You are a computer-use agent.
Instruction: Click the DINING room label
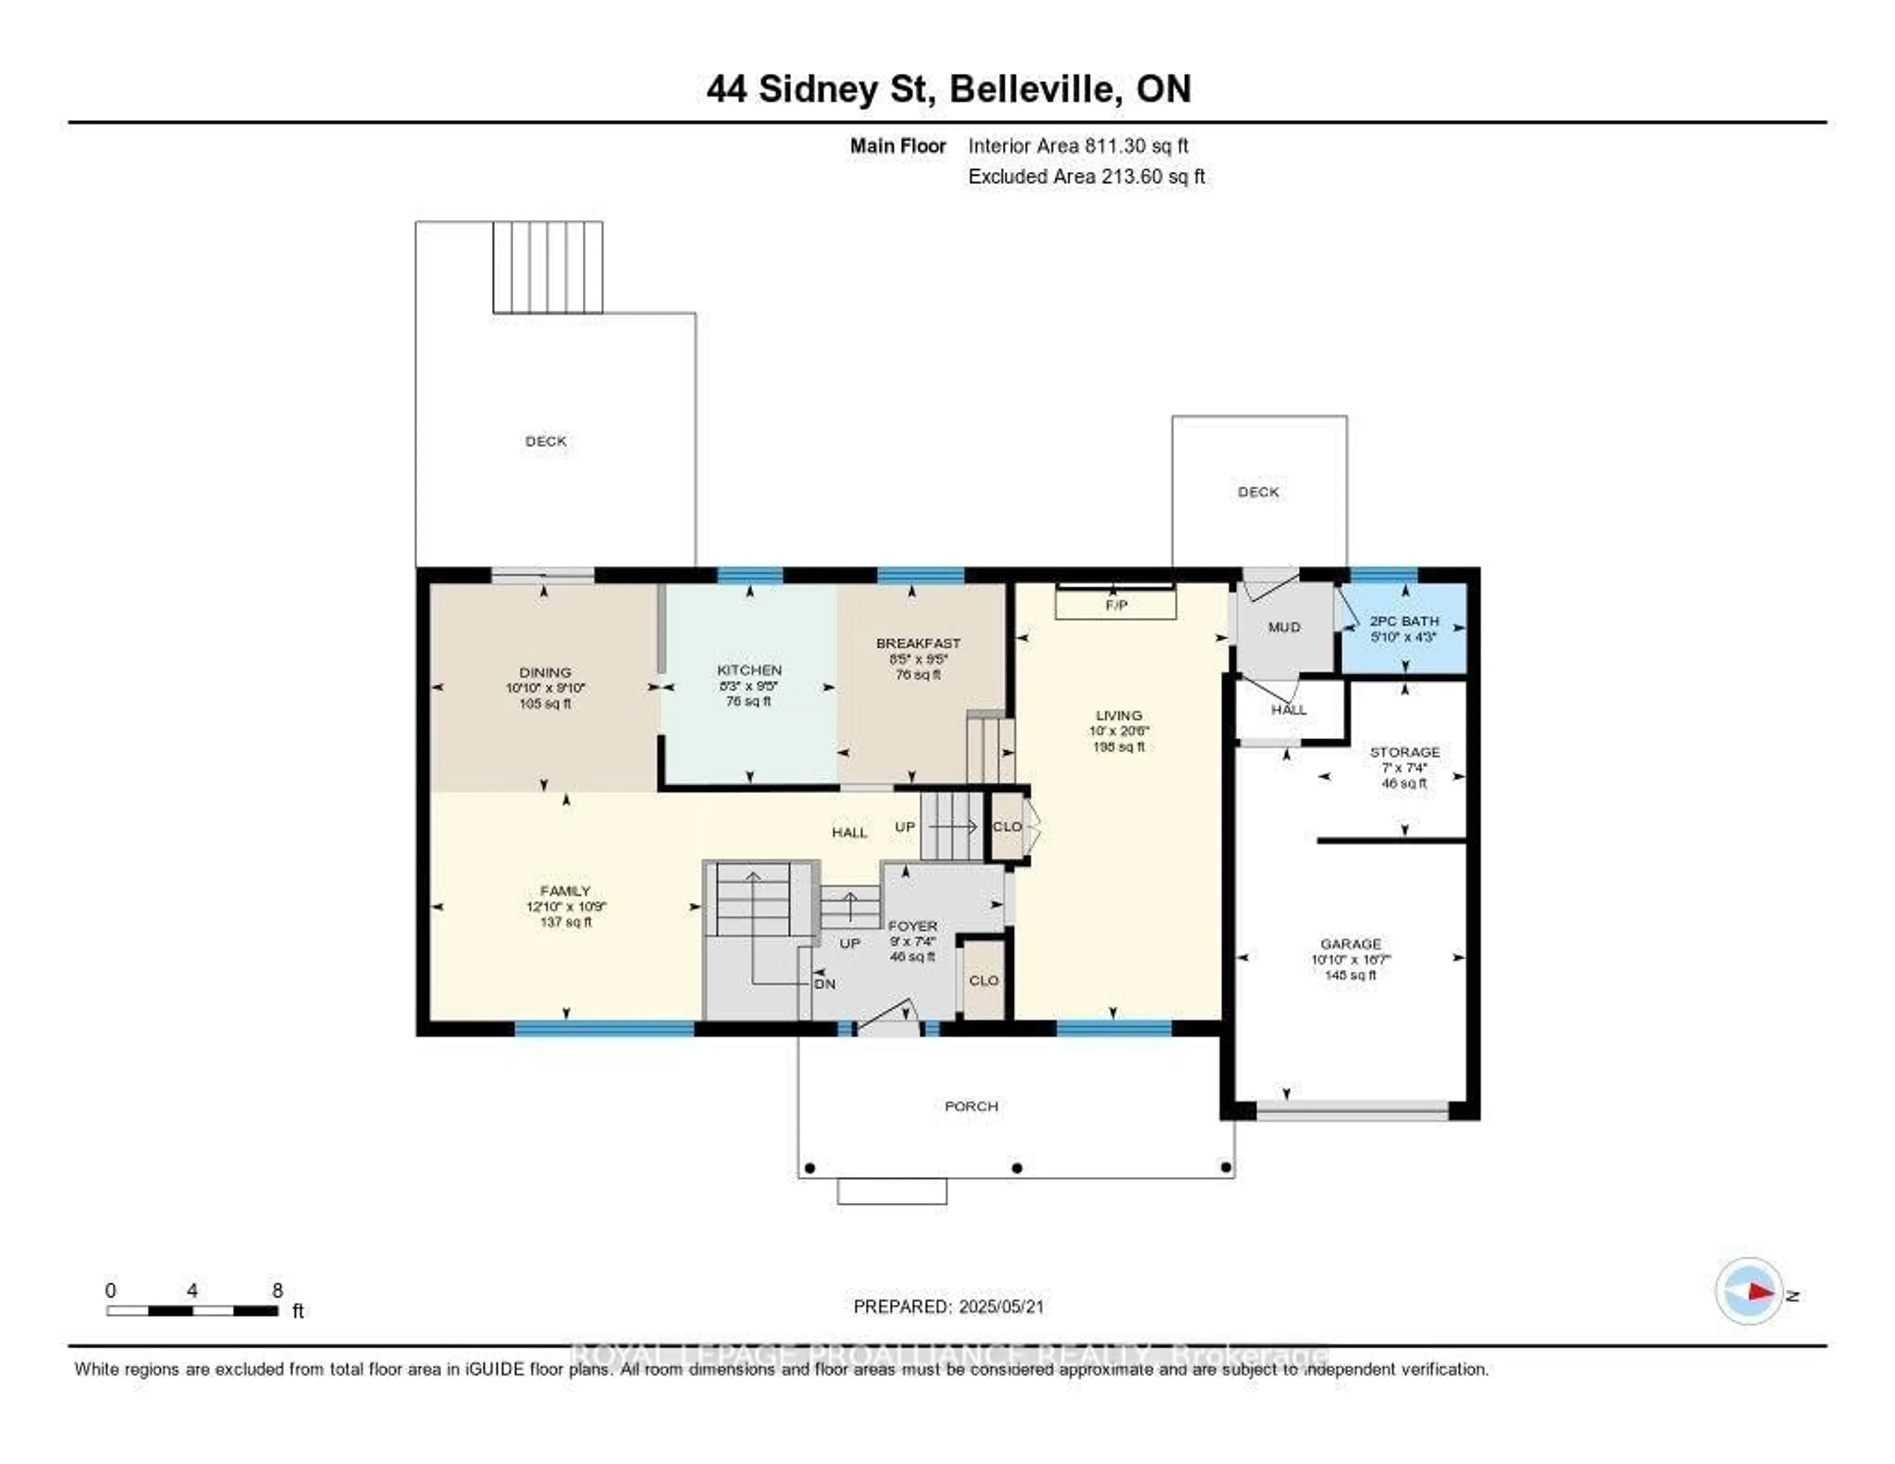[545, 672]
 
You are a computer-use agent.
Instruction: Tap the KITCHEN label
[749, 670]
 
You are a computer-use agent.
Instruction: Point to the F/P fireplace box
[1116, 605]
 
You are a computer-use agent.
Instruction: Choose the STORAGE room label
[1404, 752]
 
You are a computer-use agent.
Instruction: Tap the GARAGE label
[1350, 943]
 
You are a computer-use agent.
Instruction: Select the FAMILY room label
[565, 890]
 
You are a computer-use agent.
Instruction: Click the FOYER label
[912, 926]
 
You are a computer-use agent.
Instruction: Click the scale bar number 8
[278, 1290]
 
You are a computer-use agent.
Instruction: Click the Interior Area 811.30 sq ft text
[1078, 146]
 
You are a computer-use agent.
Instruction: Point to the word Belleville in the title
[1032, 89]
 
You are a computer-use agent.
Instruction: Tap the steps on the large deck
[547, 267]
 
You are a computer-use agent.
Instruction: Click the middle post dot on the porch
[1018, 1167]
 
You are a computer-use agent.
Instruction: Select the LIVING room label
[1118, 715]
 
